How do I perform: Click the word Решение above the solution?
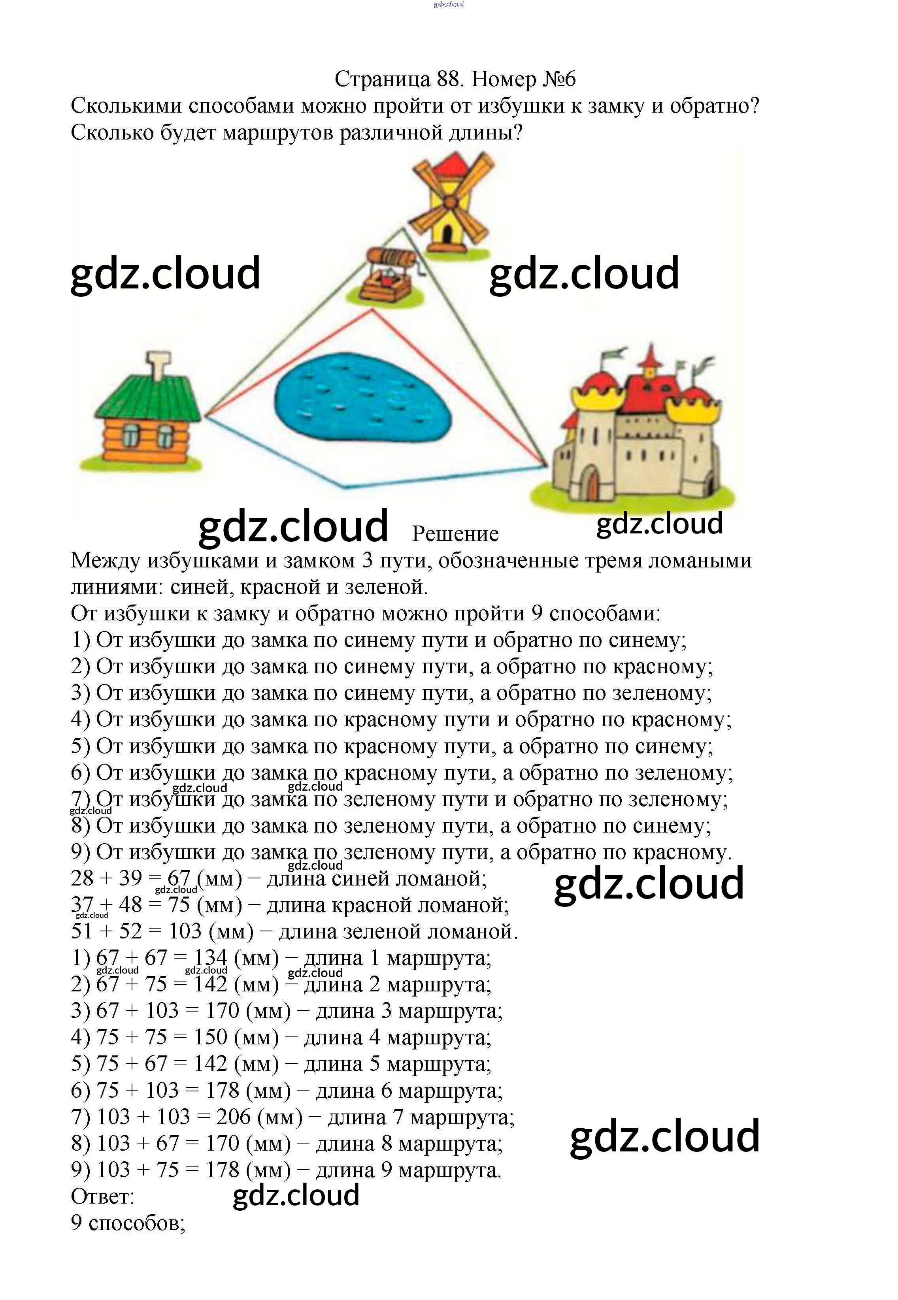pos(455,534)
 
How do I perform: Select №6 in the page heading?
pos(559,79)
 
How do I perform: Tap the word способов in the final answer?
pos(135,1223)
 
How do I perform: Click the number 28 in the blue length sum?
pos(82,878)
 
